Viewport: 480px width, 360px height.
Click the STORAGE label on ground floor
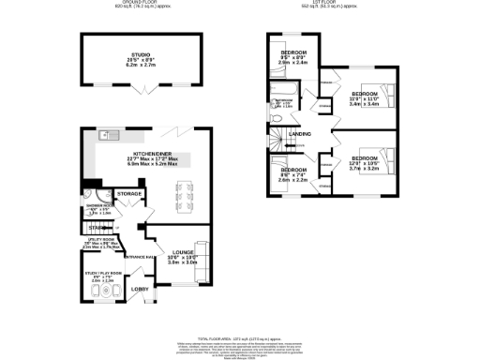tap(130, 194)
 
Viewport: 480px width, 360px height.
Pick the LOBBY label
tap(139, 288)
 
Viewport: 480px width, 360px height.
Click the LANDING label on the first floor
tap(301, 135)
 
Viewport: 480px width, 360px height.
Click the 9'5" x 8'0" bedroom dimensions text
tap(292, 57)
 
